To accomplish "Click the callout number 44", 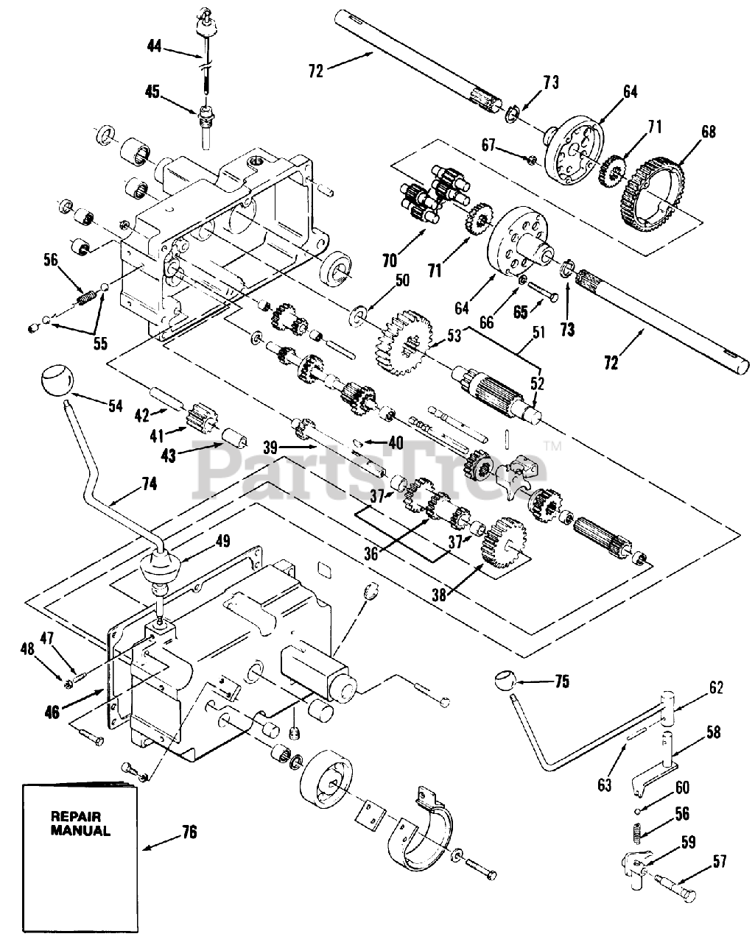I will click(154, 46).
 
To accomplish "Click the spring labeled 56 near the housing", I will click(88, 299).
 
